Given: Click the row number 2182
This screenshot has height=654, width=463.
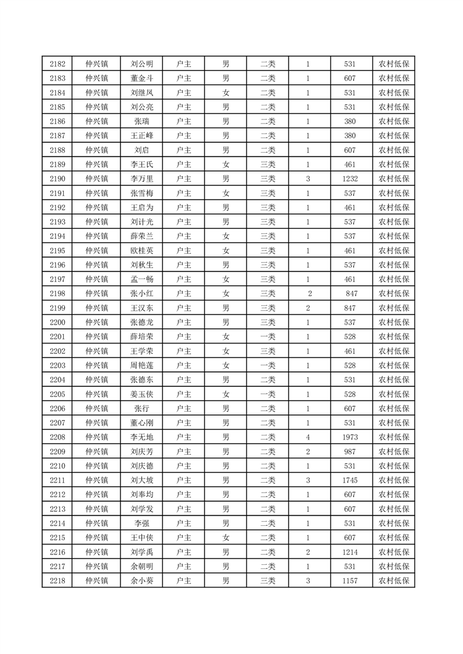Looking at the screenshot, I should [x=57, y=64].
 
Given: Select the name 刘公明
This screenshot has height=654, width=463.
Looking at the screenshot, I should [x=142, y=64].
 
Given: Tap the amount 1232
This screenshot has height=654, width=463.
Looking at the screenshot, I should [x=350, y=179].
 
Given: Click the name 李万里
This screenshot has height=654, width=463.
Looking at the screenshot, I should [x=142, y=179].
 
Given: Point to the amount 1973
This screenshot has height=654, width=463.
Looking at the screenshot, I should [x=350, y=437].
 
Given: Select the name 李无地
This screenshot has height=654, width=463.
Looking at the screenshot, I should [x=142, y=437].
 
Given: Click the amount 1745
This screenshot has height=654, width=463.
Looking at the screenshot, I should [x=350, y=480].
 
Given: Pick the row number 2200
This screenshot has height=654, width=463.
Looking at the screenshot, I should [x=57, y=322].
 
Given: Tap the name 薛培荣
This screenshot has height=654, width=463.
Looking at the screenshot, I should [x=142, y=337].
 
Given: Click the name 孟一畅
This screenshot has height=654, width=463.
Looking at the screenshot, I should [x=142, y=279].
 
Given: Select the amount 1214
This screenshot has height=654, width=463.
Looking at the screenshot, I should [x=350, y=552].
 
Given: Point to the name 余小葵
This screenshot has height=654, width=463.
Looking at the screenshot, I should [x=142, y=581].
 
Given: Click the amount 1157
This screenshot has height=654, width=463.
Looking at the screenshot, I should [x=350, y=581].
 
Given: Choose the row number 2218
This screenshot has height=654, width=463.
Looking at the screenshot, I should [x=57, y=581].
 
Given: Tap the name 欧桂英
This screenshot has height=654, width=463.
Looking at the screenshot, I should [x=142, y=251].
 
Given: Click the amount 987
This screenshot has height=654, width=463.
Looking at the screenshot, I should [x=350, y=452].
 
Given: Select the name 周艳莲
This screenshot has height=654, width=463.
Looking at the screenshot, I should [x=142, y=365].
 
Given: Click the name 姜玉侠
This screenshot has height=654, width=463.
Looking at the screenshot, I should [x=142, y=394].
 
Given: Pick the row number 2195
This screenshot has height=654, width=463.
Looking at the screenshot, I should [x=57, y=251].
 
